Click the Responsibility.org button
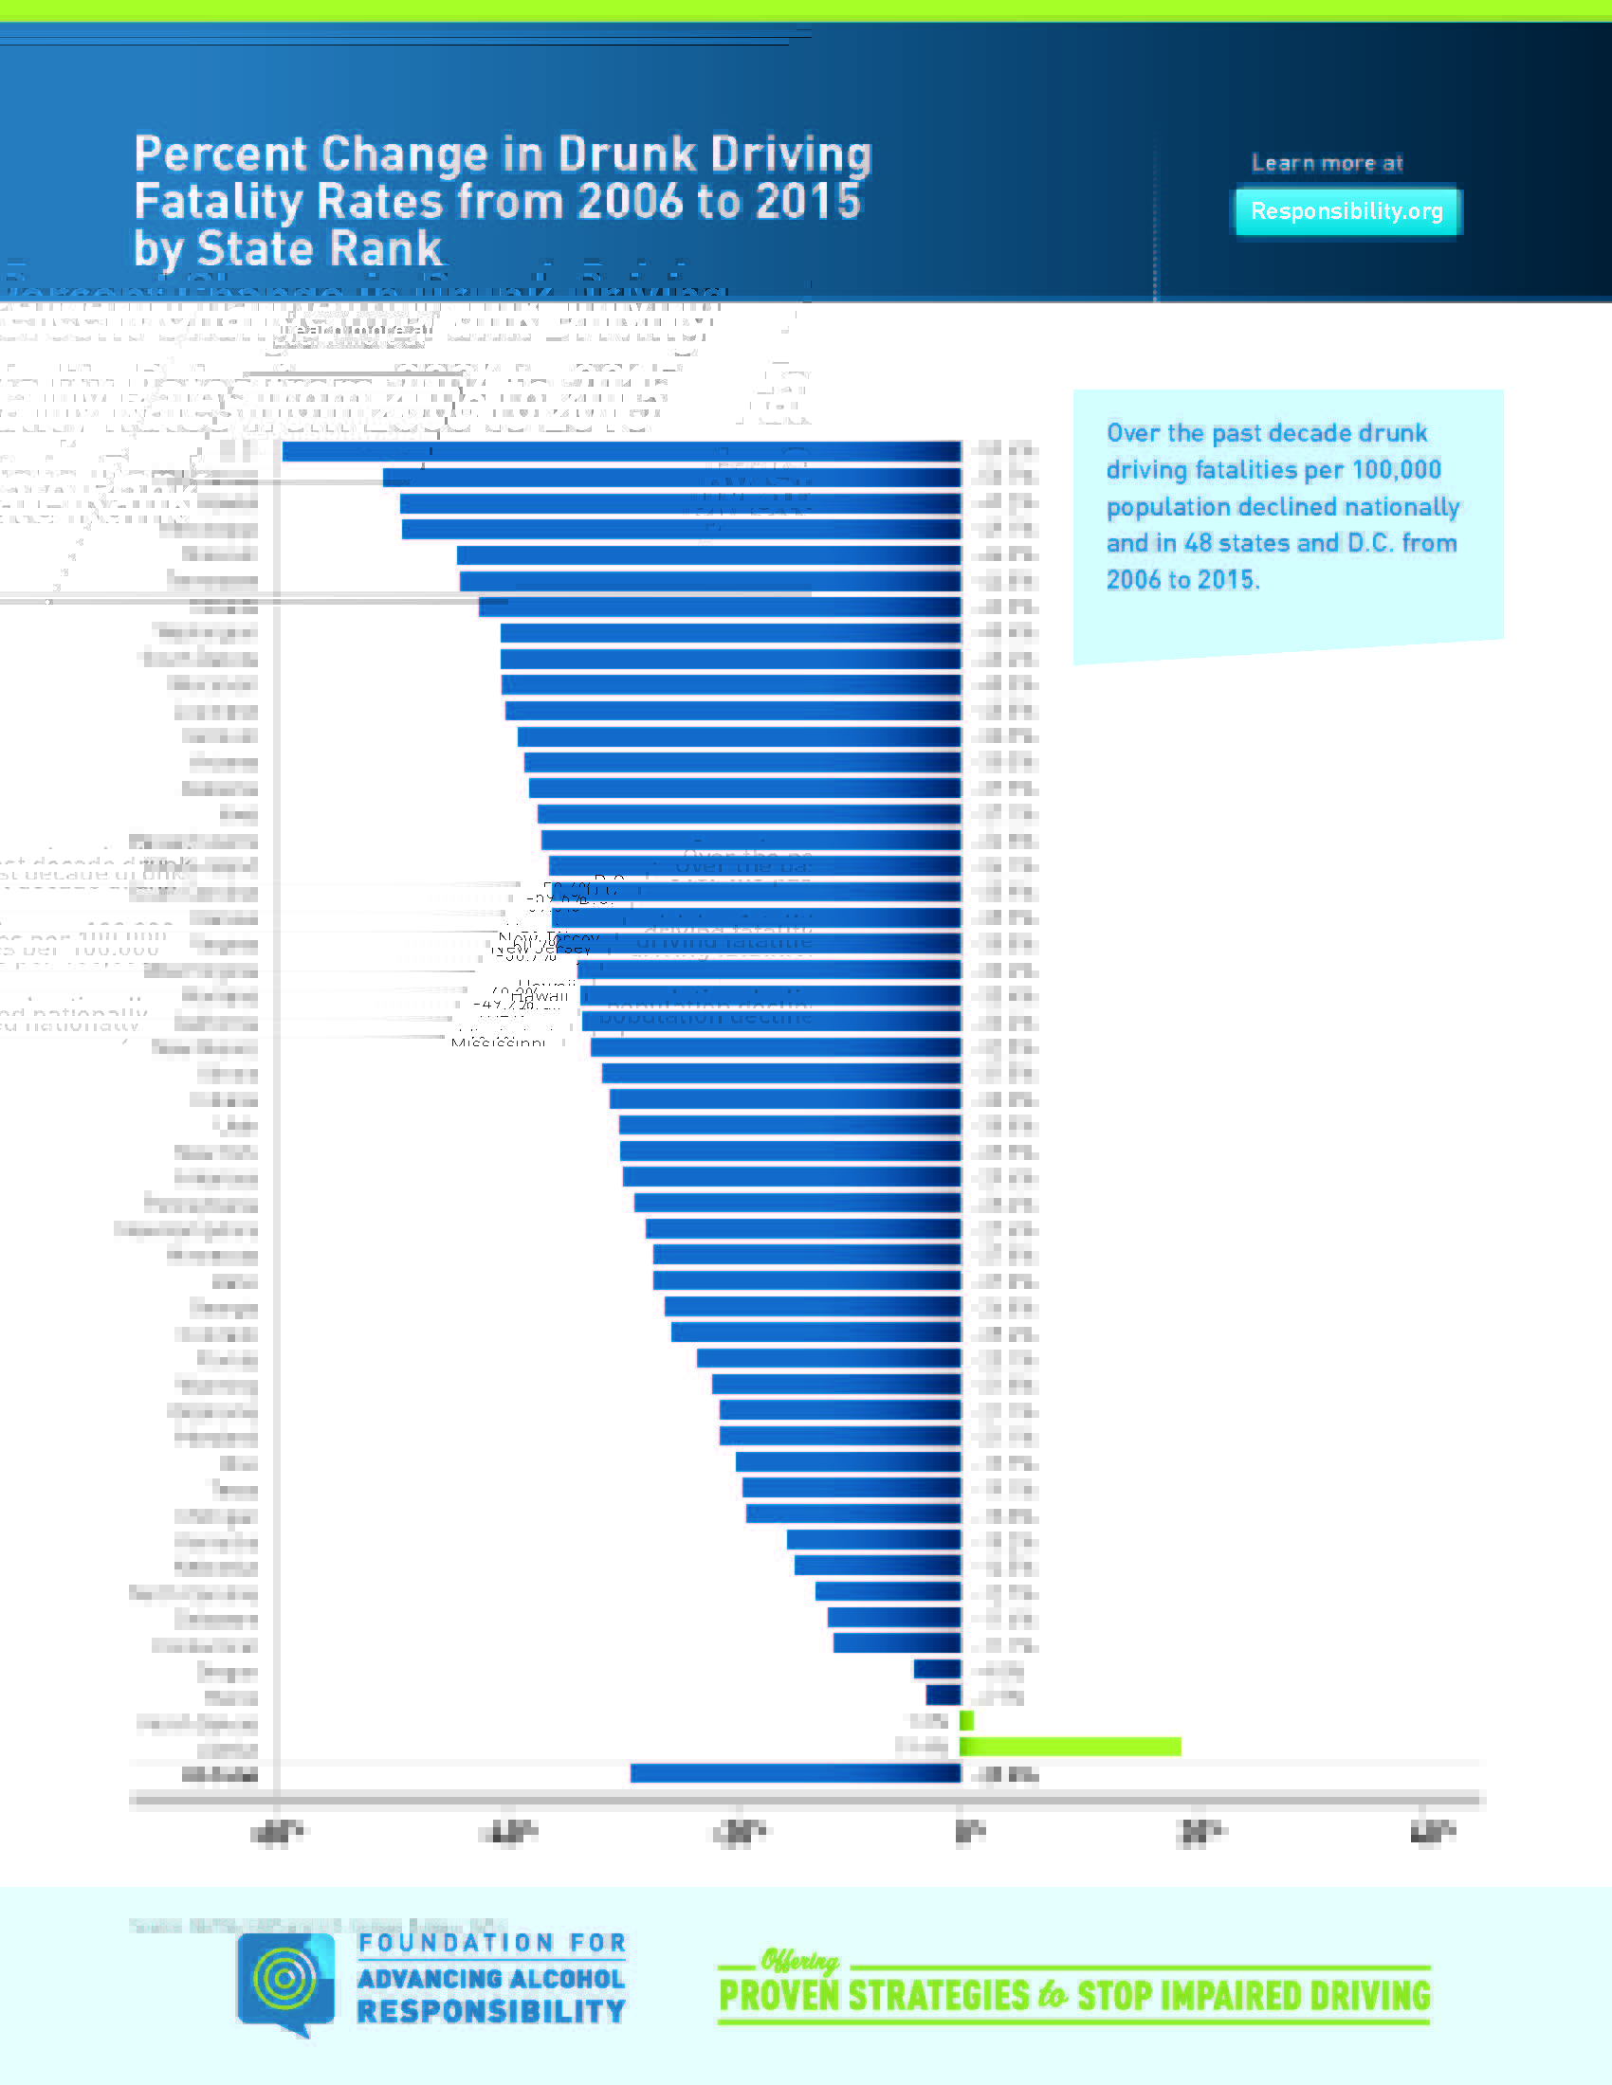tap(1346, 211)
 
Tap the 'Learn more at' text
tap(1327, 163)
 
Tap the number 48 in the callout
tap(1198, 543)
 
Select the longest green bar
tap(1070, 1746)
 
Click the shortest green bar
tap(966, 1720)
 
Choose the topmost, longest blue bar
tap(621, 450)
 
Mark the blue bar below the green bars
tap(795, 1773)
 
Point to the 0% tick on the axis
tap(968, 1832)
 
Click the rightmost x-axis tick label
tap(1433, 1832)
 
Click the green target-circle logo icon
tap(284, 1978)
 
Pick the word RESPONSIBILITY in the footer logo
tap(491, 2011)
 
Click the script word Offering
tap(799, 1961)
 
